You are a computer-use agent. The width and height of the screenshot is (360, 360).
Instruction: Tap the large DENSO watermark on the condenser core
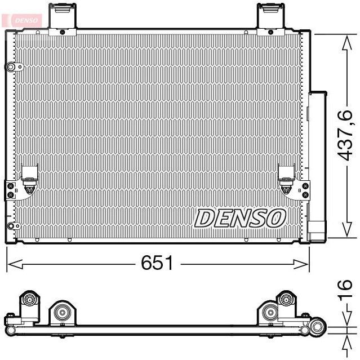click(x=241, y=217)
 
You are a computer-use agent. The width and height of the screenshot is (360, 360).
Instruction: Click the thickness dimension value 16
click(x=346, y=288)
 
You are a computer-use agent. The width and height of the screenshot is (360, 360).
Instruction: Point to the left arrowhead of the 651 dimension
click(x=10, y=263)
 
